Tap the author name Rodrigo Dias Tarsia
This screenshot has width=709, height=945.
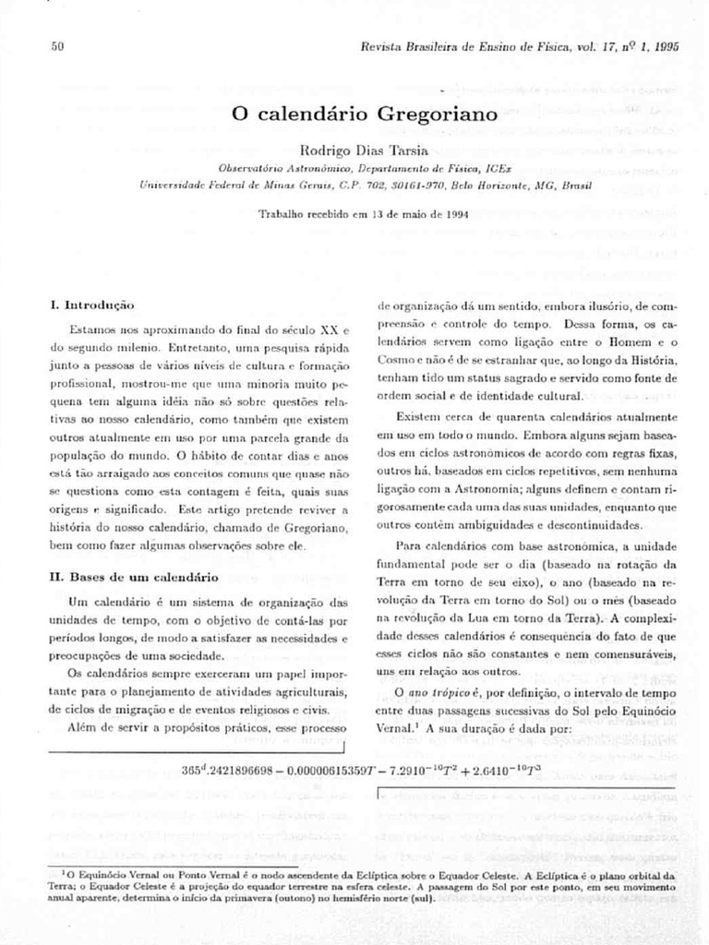pyautogui.click(x=366, y=151)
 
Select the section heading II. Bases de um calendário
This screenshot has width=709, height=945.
pyautogui.click(x=133, y=578)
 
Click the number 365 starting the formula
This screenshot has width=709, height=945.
pyautogui.click(x=192, y=769)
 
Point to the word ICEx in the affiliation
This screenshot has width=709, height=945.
pyautogui.click(x=500, y=169)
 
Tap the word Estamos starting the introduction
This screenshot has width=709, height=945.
pyautogui.click(x=90, y=329)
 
